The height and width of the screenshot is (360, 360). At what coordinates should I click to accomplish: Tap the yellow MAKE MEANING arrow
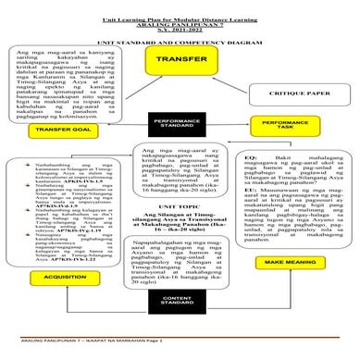click(294, 264)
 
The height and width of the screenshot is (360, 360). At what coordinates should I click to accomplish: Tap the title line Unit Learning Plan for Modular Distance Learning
click(180, 6)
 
